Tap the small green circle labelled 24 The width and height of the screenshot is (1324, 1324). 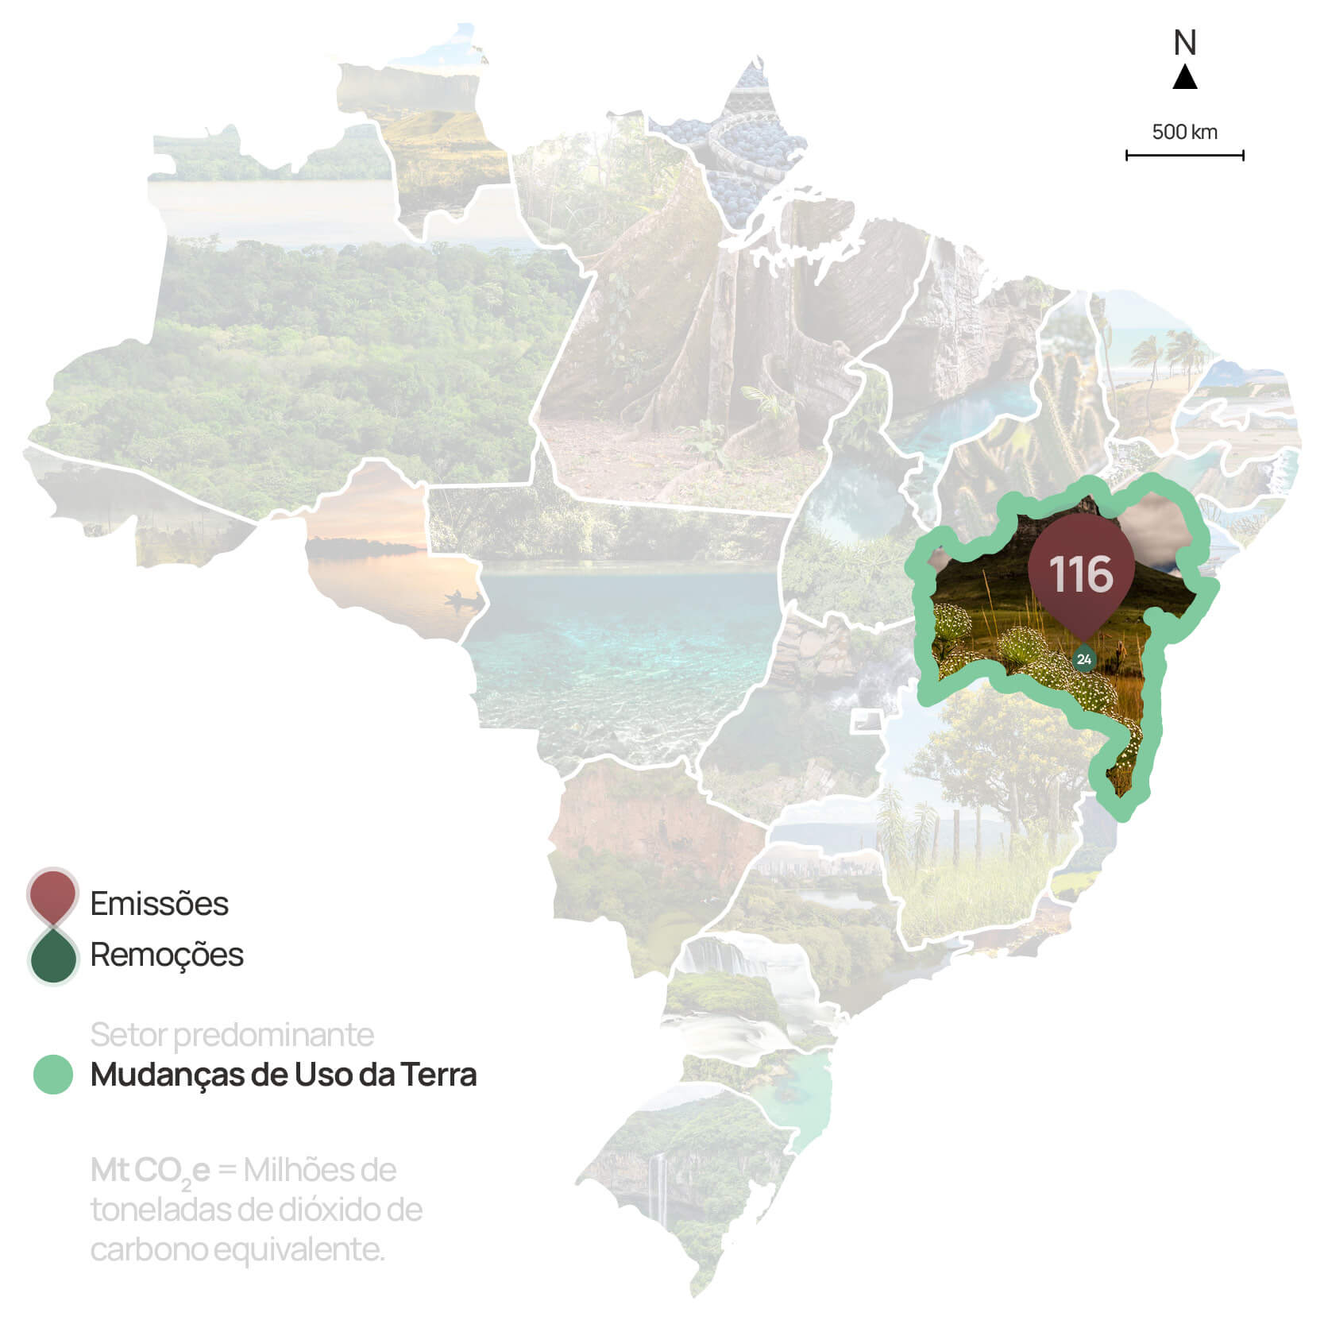pyautogui.click(x=1083, y=659)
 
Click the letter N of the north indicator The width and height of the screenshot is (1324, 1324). pyautogui.click(x=1184, y=43)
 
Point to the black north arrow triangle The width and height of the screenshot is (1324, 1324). pyautogui.click(x=1185, y=78)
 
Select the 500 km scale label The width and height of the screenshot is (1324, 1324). pyautogui.click(x=1184, y=132)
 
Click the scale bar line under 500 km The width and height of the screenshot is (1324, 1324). pyautogui.click(x=1184, y=156)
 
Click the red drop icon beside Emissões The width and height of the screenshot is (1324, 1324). pyautogui.click(x=52, y=896)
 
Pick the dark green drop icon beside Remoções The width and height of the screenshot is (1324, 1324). pyautogui.click(x=52, y=956)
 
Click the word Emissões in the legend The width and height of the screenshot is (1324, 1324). pyautogui.click(x=159, y=904)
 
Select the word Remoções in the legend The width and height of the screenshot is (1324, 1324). pyautogui.click(x=167, y=955)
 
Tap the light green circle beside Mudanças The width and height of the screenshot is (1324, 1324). pyautogui.click(x=53, y=1075)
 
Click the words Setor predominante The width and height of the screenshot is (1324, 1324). pyautogui.click(x=232, y=1035)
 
